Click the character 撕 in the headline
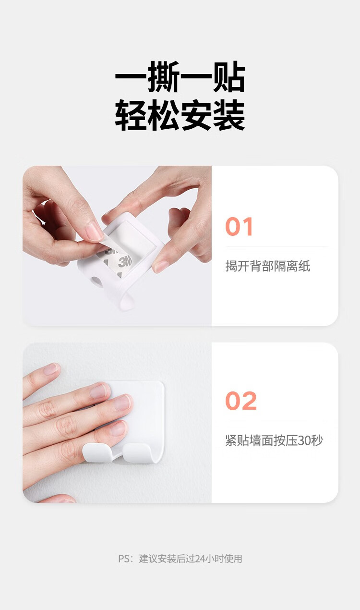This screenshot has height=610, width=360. coord(163,77)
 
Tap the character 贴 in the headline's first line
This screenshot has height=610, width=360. coord(229,77)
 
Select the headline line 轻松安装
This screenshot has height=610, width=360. coord(180,115)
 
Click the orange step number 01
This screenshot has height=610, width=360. coord(239,226)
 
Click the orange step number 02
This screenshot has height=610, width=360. coord(241,401)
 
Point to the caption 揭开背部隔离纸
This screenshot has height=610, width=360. coord(268,266)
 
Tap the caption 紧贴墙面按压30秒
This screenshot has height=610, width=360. coord(274,440)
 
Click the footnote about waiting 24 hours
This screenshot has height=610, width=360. coord(180,559)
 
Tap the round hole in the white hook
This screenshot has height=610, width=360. coord(97,282)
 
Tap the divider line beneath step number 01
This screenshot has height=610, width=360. coord(276,246)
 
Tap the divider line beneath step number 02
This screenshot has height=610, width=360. coord(276,421)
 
